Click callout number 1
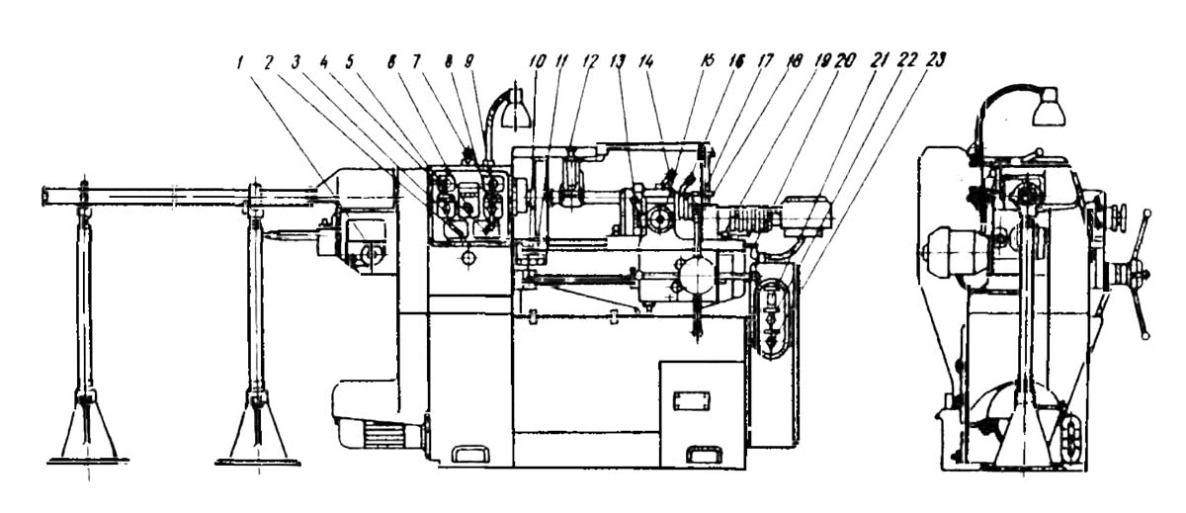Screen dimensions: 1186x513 [239, 61]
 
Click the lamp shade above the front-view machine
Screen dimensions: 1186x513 [517, 115]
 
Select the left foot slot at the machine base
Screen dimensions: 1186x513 [470, 453]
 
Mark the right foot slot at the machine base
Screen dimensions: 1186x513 [704, 454]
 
